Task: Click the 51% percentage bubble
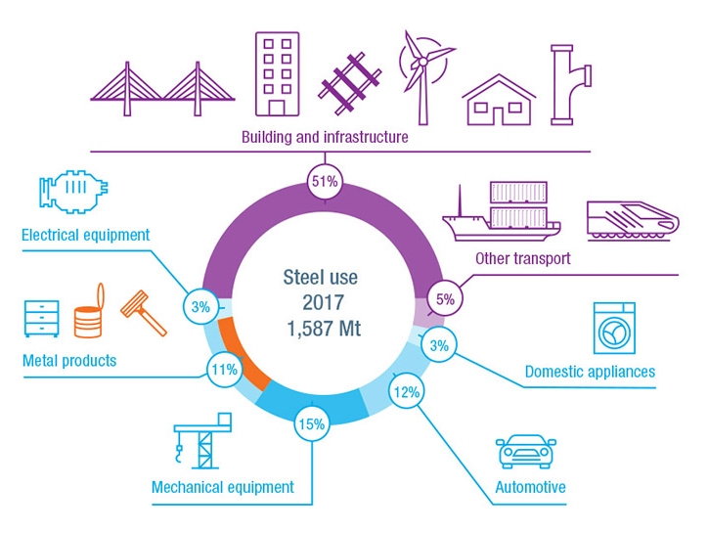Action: [x=325, y=182]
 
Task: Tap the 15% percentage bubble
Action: [x=312, y=424]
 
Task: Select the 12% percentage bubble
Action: [x=407, y=391]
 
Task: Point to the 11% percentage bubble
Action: [x=224, y=370]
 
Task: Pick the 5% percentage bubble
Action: [x=445, y=298]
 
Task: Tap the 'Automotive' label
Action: [x=531, y=487]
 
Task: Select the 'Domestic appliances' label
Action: [x=590, y=372]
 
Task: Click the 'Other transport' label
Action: [x=523, y=258]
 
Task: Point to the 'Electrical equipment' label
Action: [x=86, y=235]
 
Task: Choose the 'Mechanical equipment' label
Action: [x=223, y=487]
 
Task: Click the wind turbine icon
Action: [x=424, y=77]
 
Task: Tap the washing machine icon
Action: [x=614, y=328]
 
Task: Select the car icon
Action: [x=526, y=451]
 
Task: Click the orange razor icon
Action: [x=144, y=313]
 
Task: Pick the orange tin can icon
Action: [x=89, y=311]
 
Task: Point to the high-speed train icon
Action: [x=633, y=221]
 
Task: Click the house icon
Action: [x=499, y=101]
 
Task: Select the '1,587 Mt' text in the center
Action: [x=324, y=329]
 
